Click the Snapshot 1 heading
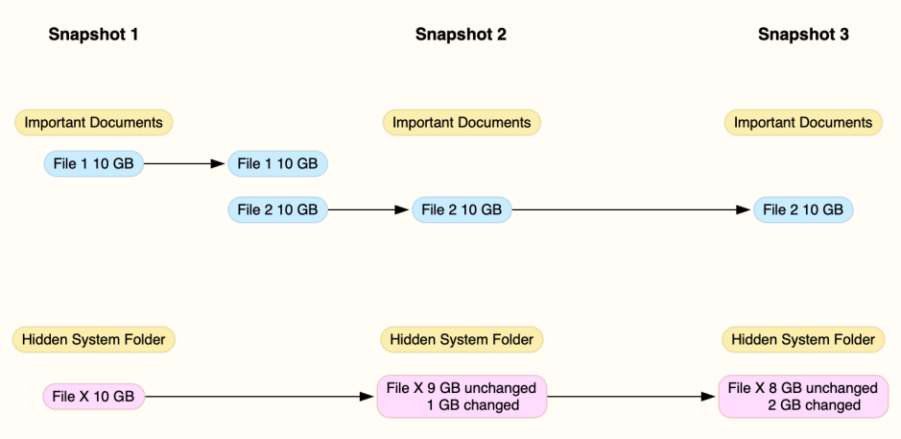pyautogui.click(x=93, y=35)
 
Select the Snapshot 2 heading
pyautogui.click(x=461, y=35)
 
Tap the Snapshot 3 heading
pyautogui.click(x=803, y=35)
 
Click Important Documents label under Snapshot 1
pyautogui.click(x=93, y=123)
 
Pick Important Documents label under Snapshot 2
pyautogui.click(x=462, y=123)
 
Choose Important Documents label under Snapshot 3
pyautogui.click(x=803, y=123)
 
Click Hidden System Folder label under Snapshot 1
pyautogui.click(x=93, y=339)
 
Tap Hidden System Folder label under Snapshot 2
pyautogui.click(x=462, y=339)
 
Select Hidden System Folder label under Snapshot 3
pyautogui.click(x=803, y=339)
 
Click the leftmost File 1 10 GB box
pyautogui.click(x=93, y=164)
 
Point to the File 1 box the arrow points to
pyautogui.click(x=277, y=164)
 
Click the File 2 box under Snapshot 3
pyautogui.click(x=803, y=209)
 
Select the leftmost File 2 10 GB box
pyautogui.click(x=277, y=209)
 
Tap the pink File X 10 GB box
pyautogui.click(x=93, y=396)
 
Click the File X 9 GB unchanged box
pyautogui.click(x=462, y=396)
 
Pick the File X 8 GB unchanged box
pyautogui.click(x=803, y=396)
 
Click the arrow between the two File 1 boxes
pyautogui.click(x=184, y=164)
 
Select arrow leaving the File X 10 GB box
pyautogui.click(x=259, y=396)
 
